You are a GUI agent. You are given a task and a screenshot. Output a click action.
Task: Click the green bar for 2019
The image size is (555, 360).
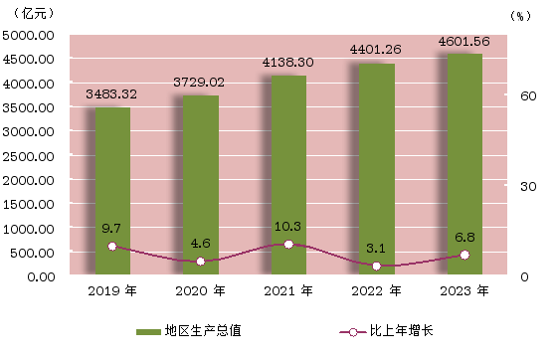112,191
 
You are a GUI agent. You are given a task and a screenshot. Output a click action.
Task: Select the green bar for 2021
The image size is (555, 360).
288,175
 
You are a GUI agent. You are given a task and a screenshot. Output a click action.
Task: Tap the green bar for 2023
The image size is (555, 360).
464,164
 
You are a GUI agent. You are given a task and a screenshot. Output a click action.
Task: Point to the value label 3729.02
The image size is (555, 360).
199,83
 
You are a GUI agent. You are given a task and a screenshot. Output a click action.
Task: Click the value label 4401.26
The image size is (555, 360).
376,49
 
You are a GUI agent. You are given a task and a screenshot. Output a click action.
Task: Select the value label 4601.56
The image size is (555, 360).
464,42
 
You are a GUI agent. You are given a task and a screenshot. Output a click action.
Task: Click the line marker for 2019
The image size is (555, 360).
112,247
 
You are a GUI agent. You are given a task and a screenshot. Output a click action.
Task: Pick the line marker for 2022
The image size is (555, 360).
377,267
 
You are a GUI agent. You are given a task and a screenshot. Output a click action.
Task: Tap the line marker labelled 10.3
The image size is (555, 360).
288,245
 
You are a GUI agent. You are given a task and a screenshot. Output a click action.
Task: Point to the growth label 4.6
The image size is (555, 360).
200,244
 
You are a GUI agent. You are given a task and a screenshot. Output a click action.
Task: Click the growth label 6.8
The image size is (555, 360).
464,237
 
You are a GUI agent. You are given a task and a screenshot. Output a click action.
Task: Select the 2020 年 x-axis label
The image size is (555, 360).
200,291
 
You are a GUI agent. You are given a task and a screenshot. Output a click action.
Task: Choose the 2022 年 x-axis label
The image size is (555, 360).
376,291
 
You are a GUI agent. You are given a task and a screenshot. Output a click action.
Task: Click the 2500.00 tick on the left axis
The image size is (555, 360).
28,156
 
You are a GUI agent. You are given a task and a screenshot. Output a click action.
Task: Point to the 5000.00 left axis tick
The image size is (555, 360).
28,36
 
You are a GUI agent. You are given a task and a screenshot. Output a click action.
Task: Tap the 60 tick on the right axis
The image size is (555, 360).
528,95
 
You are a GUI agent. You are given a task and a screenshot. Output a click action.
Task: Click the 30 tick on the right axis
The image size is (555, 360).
528,187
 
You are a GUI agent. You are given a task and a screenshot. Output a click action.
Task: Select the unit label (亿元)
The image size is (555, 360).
34,14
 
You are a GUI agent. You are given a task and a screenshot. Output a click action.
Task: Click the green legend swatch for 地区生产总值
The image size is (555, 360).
148,332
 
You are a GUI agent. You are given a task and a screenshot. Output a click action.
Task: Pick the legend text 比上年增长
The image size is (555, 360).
402,330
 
